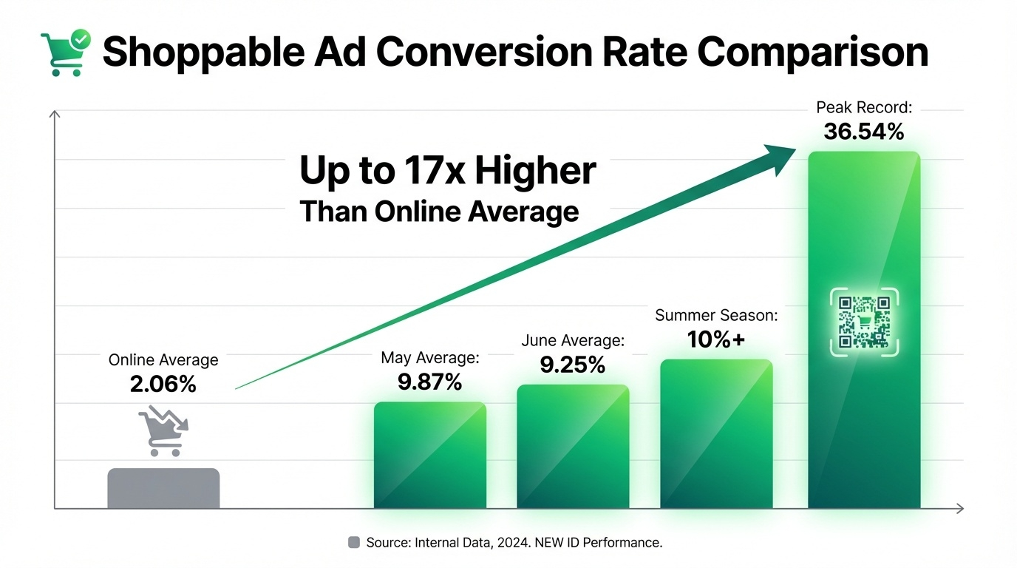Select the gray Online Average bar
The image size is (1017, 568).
pyautogui.click(x=163, y=488)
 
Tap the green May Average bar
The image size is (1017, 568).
pyautogui.click(x=430, y=455)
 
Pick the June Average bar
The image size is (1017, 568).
pyautogui.click(x=573, y=446)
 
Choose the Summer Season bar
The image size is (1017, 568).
pyautogui.click(x=716, y=433)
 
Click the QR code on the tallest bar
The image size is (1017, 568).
pyautogui.click(x=864, y=322)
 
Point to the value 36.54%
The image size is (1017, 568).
pyautogui.click(x=864, y=132)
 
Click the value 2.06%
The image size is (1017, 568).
pyautogui.click(x=163, y=385)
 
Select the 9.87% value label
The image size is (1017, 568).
pyautogui.click(x=430, y=382)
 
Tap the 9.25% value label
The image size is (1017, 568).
pyautogui.click(x=573, y=365)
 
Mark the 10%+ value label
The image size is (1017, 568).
pyautogui.click(x=716, y=339)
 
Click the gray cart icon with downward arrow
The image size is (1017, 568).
pyautogui.click(x=163, y=430)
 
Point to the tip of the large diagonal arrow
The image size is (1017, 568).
pyautogui.click(x=795, y=149)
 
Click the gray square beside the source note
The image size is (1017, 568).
pyautogui.click(x=353, y=542)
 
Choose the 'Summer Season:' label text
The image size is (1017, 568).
pyautogui.click(x=716, y=316)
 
